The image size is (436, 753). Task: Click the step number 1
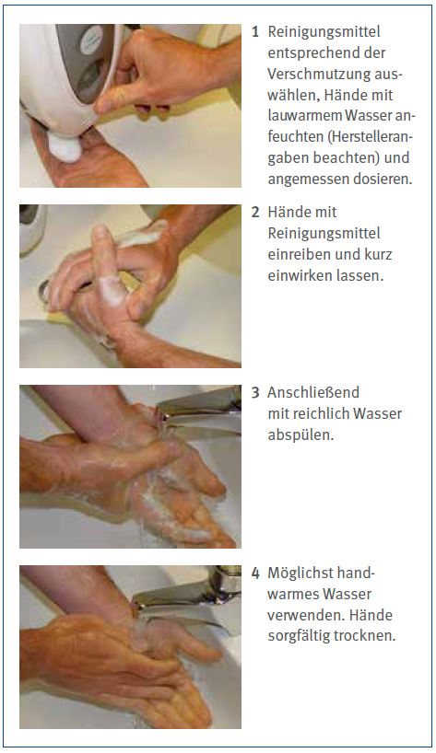(255, 32)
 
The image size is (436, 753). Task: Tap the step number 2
(255, 213)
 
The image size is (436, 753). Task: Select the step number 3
(255, 393)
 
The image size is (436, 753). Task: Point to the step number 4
(255, 573)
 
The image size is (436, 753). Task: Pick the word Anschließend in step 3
(313, 393)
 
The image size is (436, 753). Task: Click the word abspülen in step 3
(300, 435)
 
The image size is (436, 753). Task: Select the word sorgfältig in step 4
(300, 636)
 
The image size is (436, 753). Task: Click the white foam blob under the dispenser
(65, 147)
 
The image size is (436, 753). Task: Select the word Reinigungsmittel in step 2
(324, 234)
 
